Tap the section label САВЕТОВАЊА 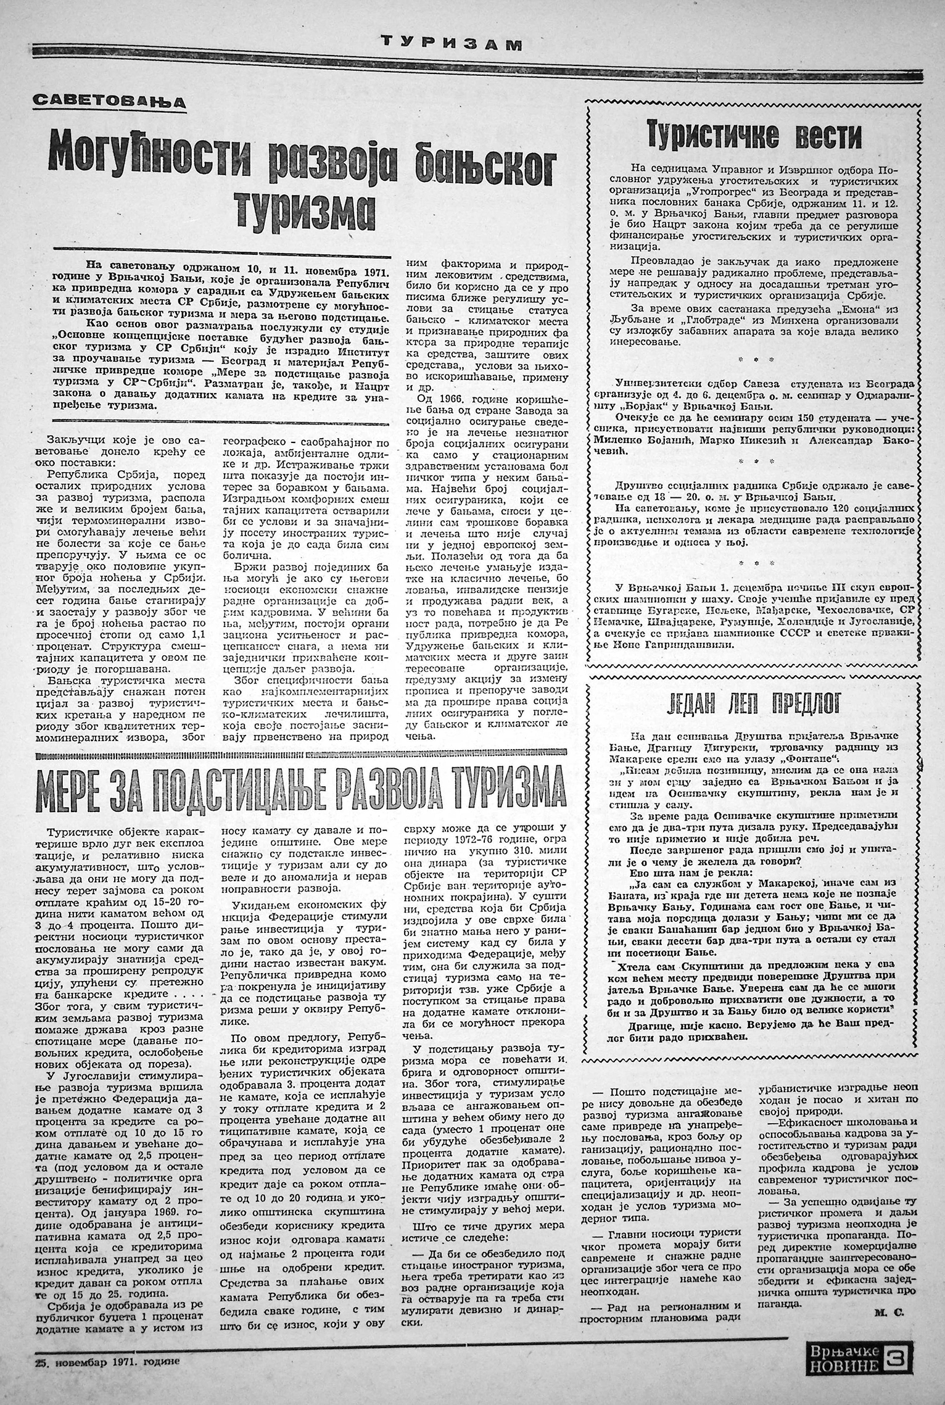point(109,100)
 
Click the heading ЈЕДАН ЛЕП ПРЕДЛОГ point(753,704)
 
